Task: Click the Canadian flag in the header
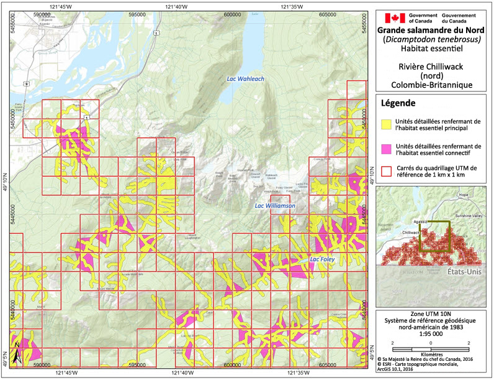(392, 18)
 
